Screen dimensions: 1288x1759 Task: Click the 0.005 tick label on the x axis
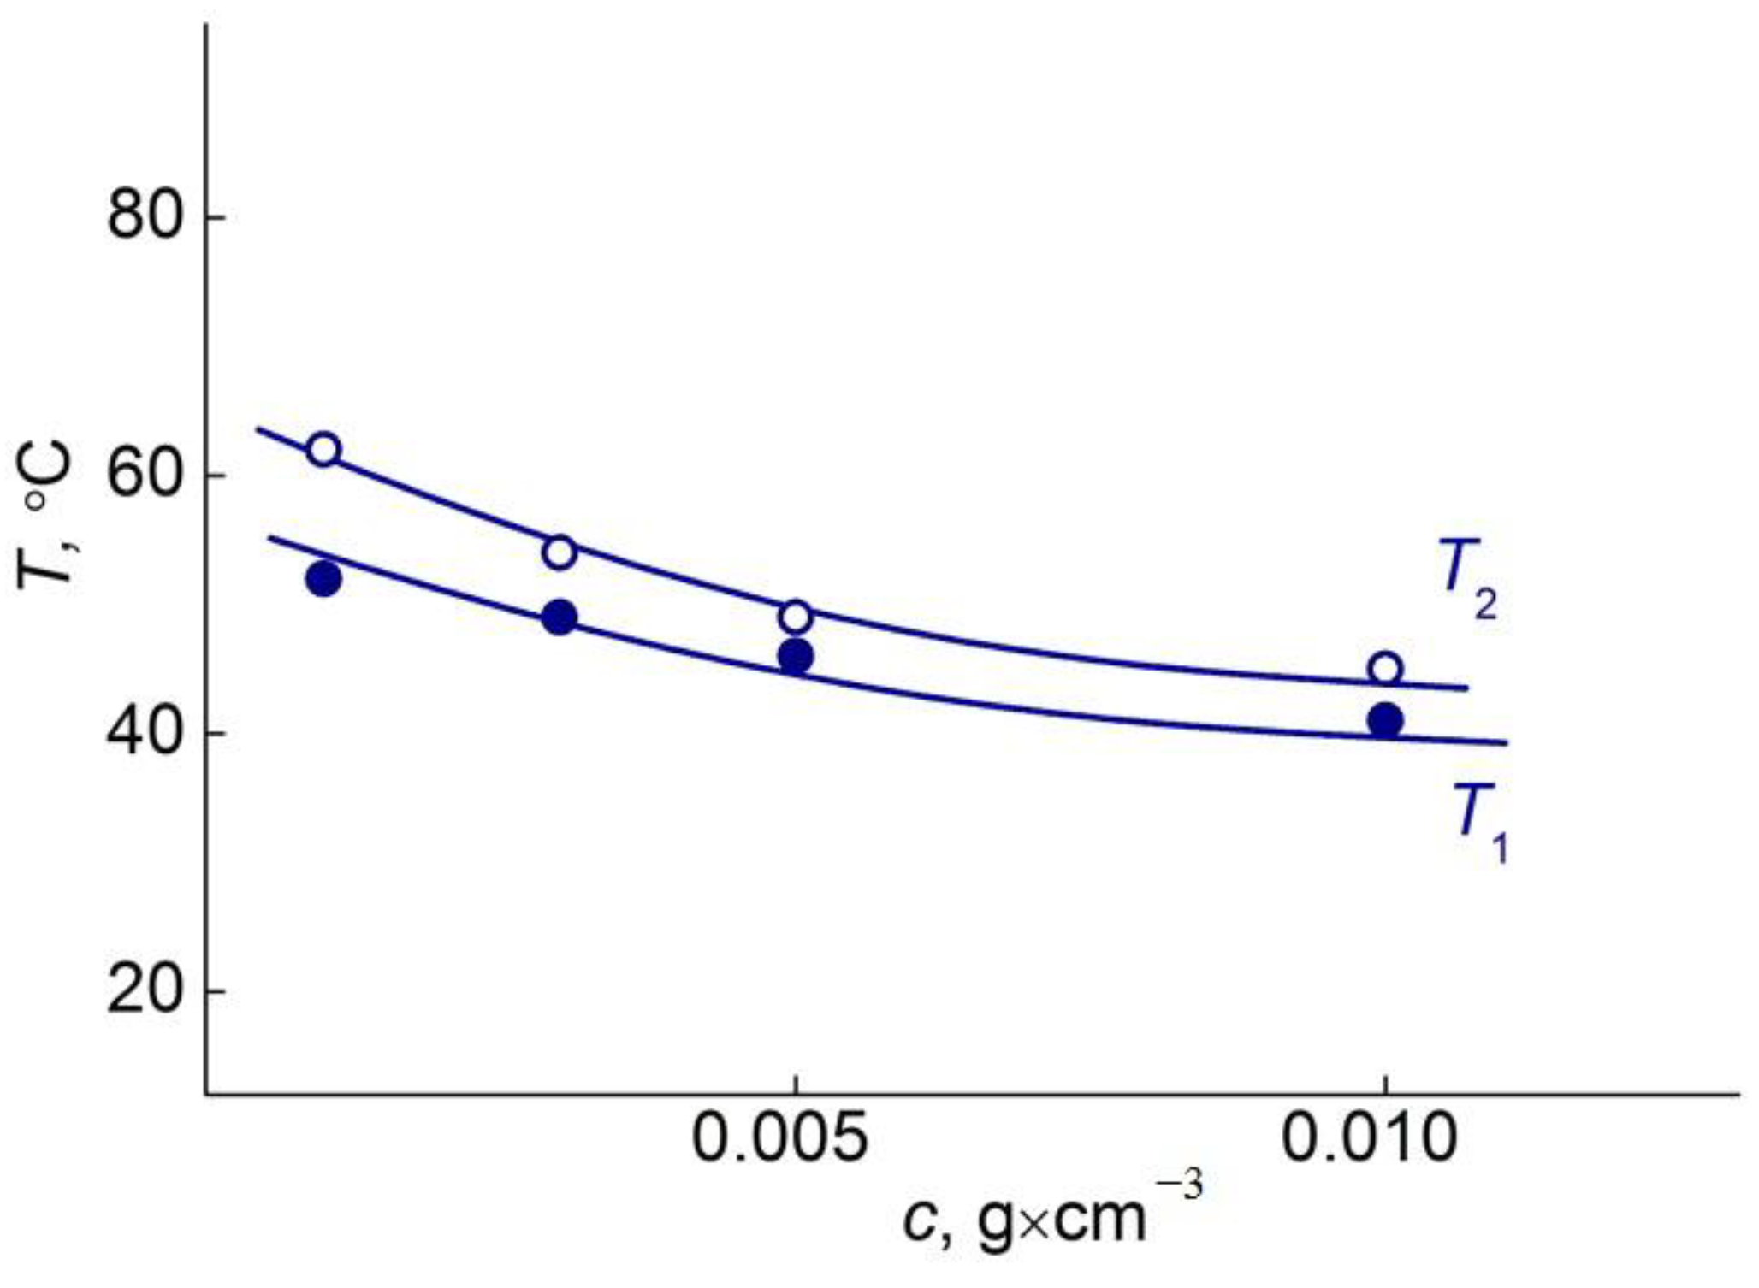coord(779,1139)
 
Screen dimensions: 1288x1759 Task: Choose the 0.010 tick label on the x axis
coord(1369,1139)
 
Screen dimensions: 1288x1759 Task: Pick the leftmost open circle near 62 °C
coord(323,449)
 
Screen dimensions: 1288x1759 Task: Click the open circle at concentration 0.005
coord(796,616)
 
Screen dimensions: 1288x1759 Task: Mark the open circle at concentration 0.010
coord(1385,668)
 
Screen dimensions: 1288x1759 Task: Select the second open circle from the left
coord(560,552)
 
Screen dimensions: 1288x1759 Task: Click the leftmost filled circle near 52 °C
coord(323,580)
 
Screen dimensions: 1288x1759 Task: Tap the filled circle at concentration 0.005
coord(796,657)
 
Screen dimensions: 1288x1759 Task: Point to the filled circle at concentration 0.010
coord(1385,720)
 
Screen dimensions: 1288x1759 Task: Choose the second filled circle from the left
coord(560,617)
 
